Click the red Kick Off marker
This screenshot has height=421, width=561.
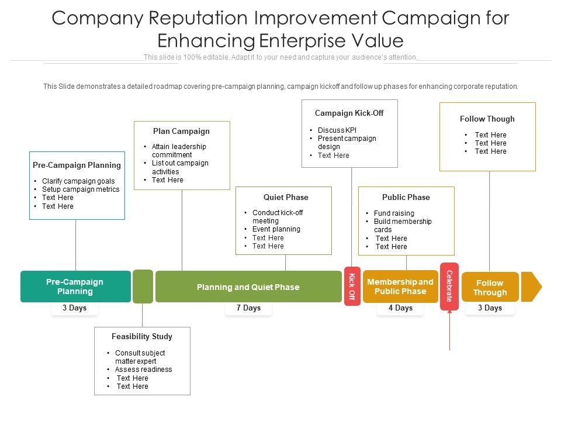coord(352,286)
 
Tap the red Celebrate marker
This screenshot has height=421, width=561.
coord(449,286)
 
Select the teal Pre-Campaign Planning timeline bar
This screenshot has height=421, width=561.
coord(75,287)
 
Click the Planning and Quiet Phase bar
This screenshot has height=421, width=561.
coord(248,287)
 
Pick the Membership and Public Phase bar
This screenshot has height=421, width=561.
coord(400,287)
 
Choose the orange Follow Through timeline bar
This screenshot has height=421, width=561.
coord(490,287)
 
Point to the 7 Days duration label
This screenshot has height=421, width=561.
coord(248,308)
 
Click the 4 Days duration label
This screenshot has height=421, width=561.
coord(400,308)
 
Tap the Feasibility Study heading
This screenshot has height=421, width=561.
coord(142,337)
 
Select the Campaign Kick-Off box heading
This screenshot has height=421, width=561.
coord(349,113)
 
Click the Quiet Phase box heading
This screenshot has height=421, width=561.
coord(286,198)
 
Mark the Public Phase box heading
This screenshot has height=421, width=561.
coord(406,198)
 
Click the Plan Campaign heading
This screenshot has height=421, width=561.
coord(181,132)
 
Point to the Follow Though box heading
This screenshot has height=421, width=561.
coord(487,119)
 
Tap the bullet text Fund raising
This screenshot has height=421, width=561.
coord(394,213)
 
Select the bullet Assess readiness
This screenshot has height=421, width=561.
coord(143,370)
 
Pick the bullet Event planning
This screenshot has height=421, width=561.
coord(276,229)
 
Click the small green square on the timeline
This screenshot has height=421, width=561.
coord(143,287)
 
